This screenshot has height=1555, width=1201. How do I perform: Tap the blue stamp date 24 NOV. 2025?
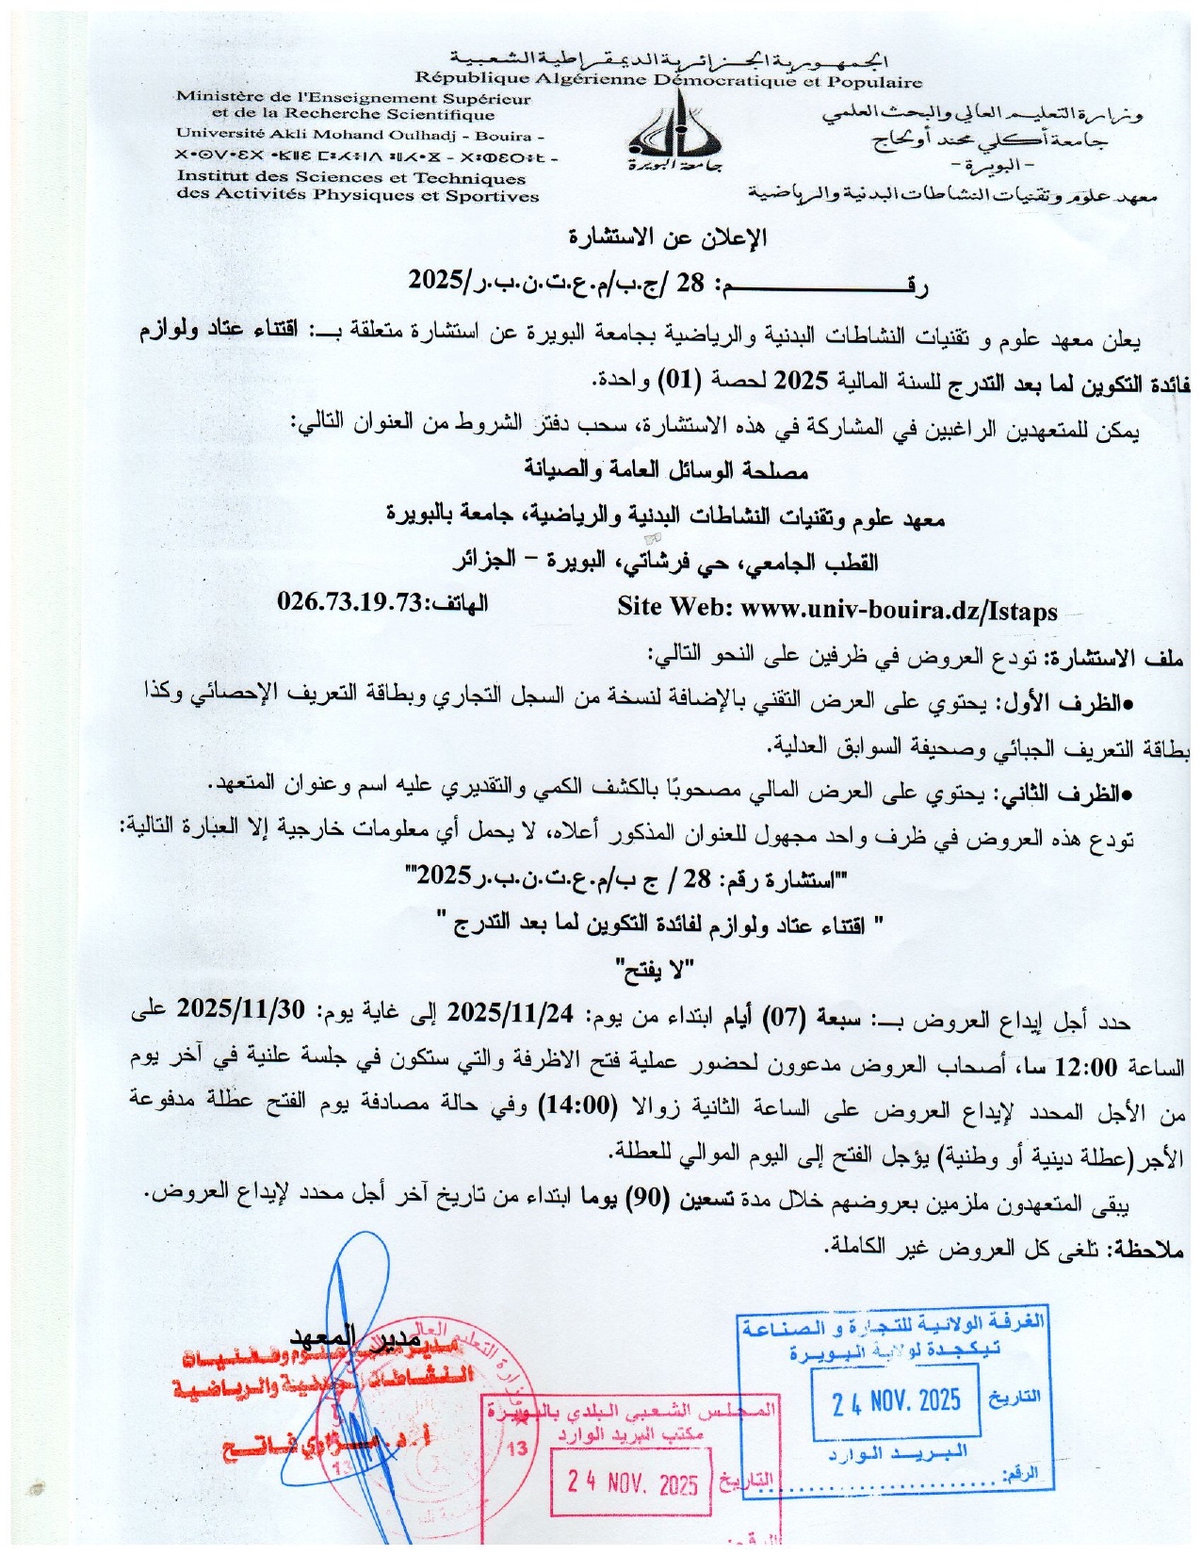[x=896, y=1400]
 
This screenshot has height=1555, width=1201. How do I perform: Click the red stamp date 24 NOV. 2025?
[x=632, y=1484]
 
